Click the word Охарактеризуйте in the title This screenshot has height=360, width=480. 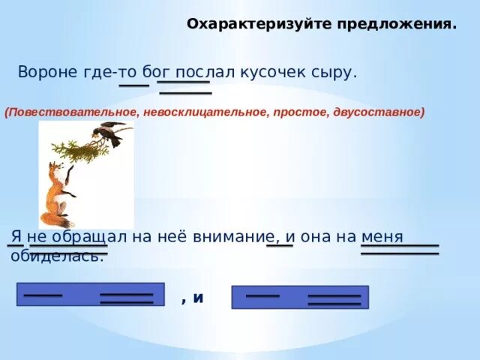click(x=259, y=24)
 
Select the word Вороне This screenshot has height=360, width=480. click(x=48, y=72)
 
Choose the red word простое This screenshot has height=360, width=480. click(x=301, y=112)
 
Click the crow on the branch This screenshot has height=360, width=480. click(x=109, y=133)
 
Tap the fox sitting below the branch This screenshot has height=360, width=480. click(x=58, y=195)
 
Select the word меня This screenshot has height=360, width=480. click(x=382, y=238)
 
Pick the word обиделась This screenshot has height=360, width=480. click(x=57, y=256)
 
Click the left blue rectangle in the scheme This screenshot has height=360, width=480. click(x=91, y=294)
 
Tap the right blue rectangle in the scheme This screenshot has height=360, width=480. click(x=300, y=297)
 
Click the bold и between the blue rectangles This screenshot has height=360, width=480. click(x=198, y=298)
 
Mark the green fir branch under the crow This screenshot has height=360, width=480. click(x=80, y=151)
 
